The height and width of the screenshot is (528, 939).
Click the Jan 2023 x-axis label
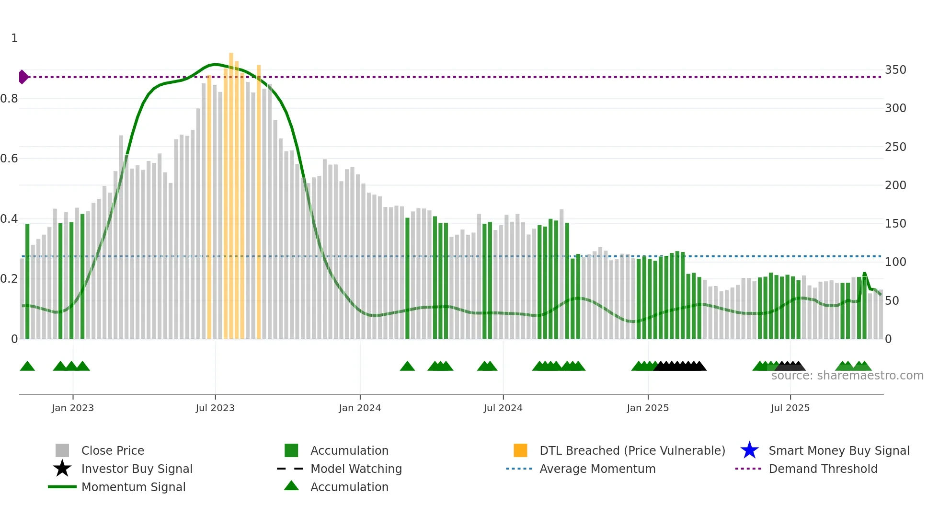coord(72,408)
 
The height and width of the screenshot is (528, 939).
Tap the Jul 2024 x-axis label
coord(503,408)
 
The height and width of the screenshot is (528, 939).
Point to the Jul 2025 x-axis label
coord(790,408)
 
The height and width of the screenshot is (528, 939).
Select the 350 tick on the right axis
coord(895,70)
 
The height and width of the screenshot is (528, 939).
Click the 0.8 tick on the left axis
coord(9,99)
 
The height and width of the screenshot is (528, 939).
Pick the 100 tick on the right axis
coord(895,262)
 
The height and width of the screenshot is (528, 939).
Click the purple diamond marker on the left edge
coord(23,77)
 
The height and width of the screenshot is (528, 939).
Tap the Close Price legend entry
coord(112,450)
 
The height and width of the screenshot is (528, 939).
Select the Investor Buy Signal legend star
coord(62,469)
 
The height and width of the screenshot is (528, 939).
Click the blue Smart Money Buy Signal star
coord(749,450)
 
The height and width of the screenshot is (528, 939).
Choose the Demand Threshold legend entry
coord(823,469)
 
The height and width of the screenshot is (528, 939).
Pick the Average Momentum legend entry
coord(597,469)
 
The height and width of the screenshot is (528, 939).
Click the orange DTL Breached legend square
coord(520,450)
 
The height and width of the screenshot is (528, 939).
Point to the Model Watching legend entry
coord(355,469)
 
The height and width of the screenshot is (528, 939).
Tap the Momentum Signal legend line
coord(62,487)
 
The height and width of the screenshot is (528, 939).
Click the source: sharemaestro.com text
coord(847,376)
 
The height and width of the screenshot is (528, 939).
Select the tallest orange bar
coord(231,192)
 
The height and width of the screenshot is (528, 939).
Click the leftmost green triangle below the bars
coord(27,367)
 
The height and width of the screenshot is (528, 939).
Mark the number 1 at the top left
coord(14,38)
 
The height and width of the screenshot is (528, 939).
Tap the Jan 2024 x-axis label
coord(359,408)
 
